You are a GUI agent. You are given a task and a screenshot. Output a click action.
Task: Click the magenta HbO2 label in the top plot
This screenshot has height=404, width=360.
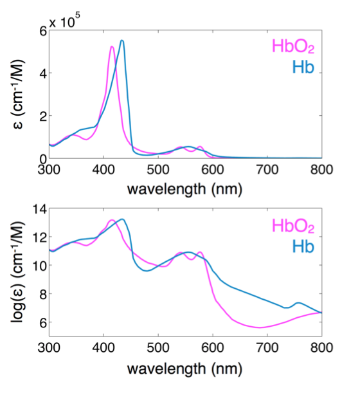(x=293, y=47)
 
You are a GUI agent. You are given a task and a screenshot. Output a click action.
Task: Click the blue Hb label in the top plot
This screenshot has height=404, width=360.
(x=302, y=67)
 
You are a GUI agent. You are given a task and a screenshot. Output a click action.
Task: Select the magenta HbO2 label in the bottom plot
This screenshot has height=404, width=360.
(x=293, y=226)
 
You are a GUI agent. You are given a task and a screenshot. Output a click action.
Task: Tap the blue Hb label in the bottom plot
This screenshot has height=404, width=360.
(x=302, y=245)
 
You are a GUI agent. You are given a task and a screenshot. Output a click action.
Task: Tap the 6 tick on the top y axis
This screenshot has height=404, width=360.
(x=43, y=31)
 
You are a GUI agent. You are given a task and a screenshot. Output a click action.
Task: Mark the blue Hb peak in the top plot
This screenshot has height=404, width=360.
(x=122, y=41)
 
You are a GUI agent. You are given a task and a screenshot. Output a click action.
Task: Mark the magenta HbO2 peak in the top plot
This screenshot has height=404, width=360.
(x=112, y=46)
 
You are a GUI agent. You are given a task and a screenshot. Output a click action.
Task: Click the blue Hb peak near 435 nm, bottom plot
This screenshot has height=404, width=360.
(x=122, y=219)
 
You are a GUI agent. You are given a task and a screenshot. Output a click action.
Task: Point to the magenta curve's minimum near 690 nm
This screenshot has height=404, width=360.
(x=260, y=327)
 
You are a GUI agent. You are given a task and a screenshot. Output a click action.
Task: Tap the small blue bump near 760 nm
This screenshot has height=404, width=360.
(x=298, y=303)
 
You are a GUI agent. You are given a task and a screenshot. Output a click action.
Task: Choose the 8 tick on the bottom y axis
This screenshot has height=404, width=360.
(x=43, y=294)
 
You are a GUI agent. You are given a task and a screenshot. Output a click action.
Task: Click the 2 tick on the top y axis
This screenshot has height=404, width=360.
(x=43, y=116)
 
